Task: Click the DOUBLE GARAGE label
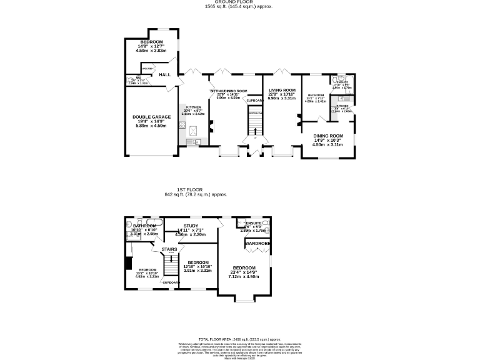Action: [x=151, y=117]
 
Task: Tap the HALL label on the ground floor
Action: [x=164, y=75]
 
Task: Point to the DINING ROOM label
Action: [x=328, y=136]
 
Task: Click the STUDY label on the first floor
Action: [x=191, y=226]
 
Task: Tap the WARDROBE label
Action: [x=257, y=243]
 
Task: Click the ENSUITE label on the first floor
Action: [x=254, y=222]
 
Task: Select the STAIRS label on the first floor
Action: [x=169, y=249]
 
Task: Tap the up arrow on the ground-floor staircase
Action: [x=254, y=130]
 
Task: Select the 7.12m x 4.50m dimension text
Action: [x=244, y=276]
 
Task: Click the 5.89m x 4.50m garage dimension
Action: [x=151, y=126]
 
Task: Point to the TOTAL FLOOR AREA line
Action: [x=239, y=338]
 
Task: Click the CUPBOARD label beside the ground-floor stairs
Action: [x=254, y=101]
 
